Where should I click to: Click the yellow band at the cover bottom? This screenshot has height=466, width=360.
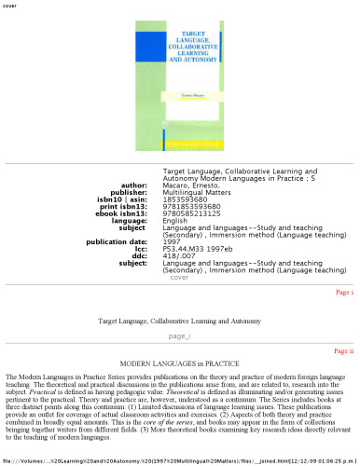(179, 143)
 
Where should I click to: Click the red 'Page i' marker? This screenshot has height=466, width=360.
(344, 292)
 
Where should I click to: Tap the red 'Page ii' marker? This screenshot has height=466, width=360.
(343, 350)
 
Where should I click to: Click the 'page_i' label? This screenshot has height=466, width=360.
(179, 336)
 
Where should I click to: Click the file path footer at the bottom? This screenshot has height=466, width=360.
(179, 460)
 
